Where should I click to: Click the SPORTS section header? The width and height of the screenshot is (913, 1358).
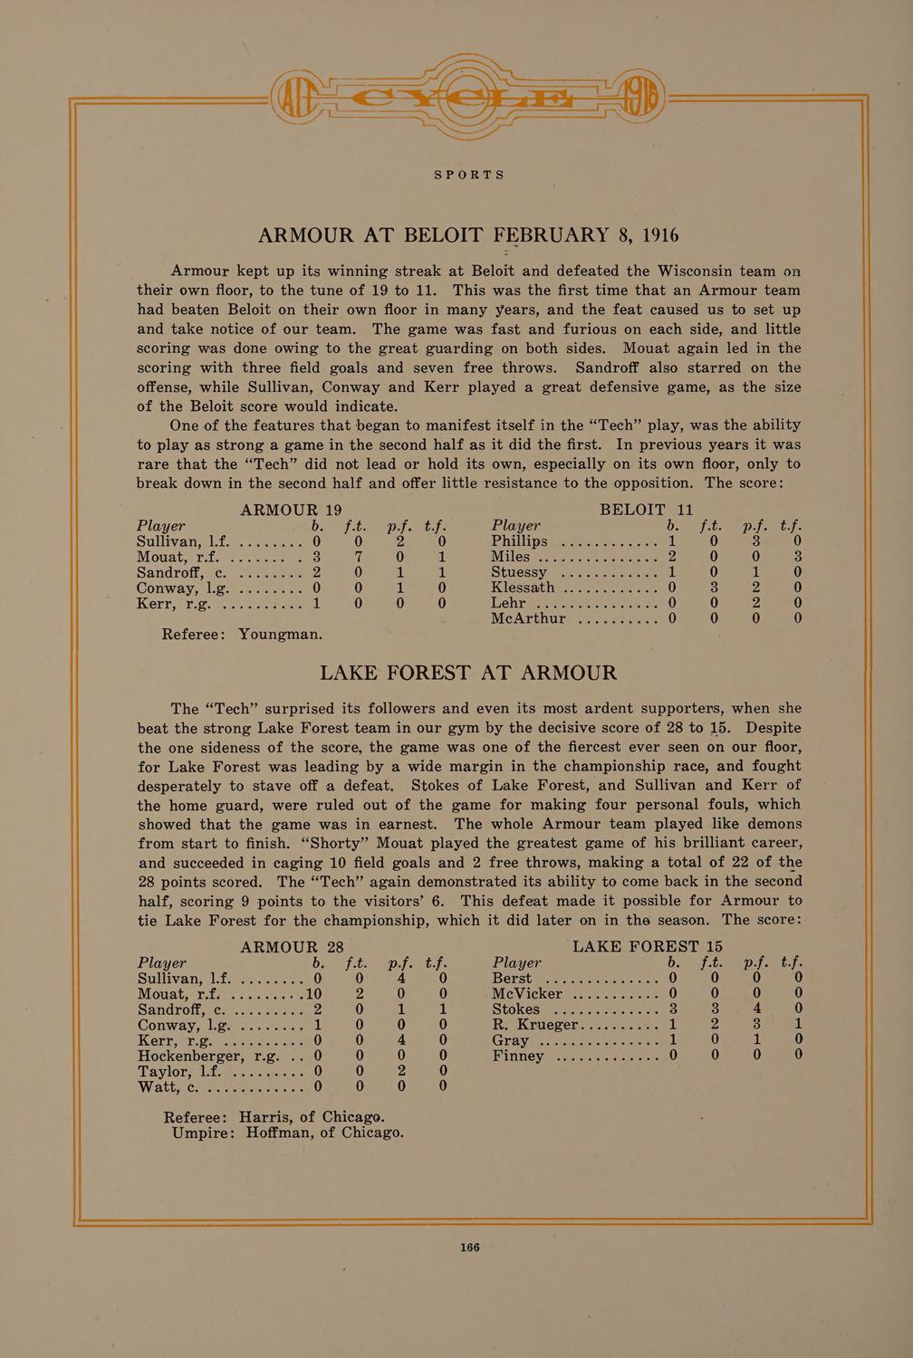pos(469,175)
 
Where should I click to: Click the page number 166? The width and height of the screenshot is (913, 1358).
pos(469,1247)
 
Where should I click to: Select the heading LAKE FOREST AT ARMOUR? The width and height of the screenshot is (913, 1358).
pos(469,673)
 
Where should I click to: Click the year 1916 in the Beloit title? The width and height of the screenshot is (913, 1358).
pos(659,235)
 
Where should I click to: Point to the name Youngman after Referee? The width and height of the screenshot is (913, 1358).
pos(280,634)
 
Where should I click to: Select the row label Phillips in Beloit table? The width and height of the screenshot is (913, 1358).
pos(520,541)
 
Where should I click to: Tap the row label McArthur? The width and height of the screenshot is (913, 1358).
pos(528,618)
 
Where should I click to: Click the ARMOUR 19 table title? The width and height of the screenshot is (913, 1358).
pos(289,510)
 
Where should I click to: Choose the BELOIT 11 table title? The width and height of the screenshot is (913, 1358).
pos(647,510)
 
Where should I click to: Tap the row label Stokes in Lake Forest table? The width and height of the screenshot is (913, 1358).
pos(517,1009)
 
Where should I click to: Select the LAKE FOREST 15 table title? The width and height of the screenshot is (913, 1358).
pos(649,947)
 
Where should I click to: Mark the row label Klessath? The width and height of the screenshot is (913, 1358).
pos(523,588)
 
